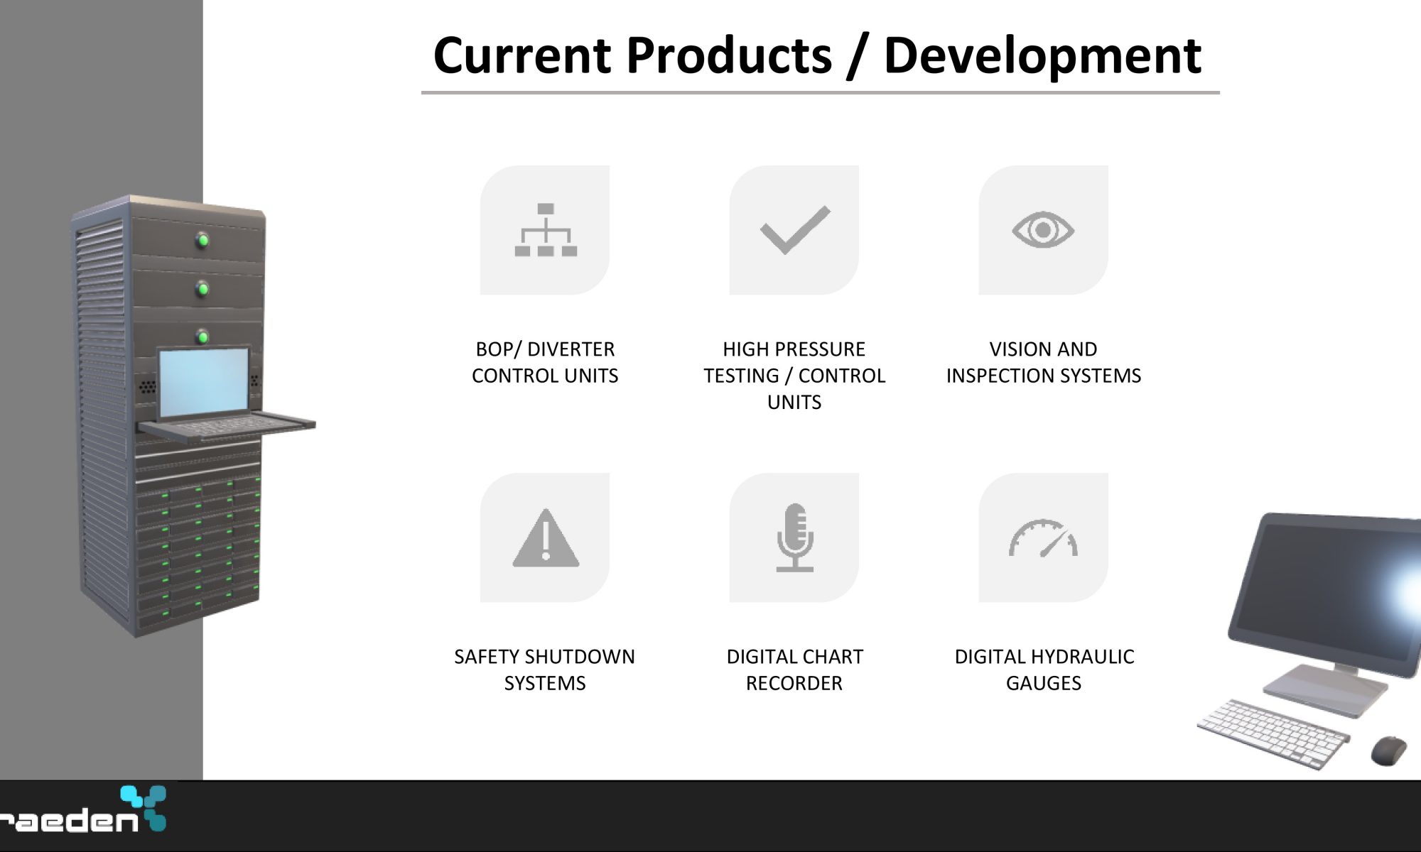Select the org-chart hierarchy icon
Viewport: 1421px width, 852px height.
546,229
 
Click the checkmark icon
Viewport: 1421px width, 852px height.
795,229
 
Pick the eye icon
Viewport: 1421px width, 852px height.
1043,229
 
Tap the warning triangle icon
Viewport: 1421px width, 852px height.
546,537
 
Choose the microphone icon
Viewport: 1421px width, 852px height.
794,537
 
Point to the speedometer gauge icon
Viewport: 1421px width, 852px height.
1043,538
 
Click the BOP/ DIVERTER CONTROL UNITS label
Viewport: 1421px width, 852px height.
545,362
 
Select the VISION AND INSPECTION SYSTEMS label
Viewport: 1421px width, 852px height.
1043,362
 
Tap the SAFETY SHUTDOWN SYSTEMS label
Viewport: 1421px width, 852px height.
545,670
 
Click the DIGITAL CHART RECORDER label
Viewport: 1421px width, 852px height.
794,670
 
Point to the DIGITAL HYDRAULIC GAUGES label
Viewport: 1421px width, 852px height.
1044,670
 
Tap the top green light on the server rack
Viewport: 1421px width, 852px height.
203,240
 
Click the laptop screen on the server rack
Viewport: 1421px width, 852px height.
204,383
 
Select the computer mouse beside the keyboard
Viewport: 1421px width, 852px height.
1388,750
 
